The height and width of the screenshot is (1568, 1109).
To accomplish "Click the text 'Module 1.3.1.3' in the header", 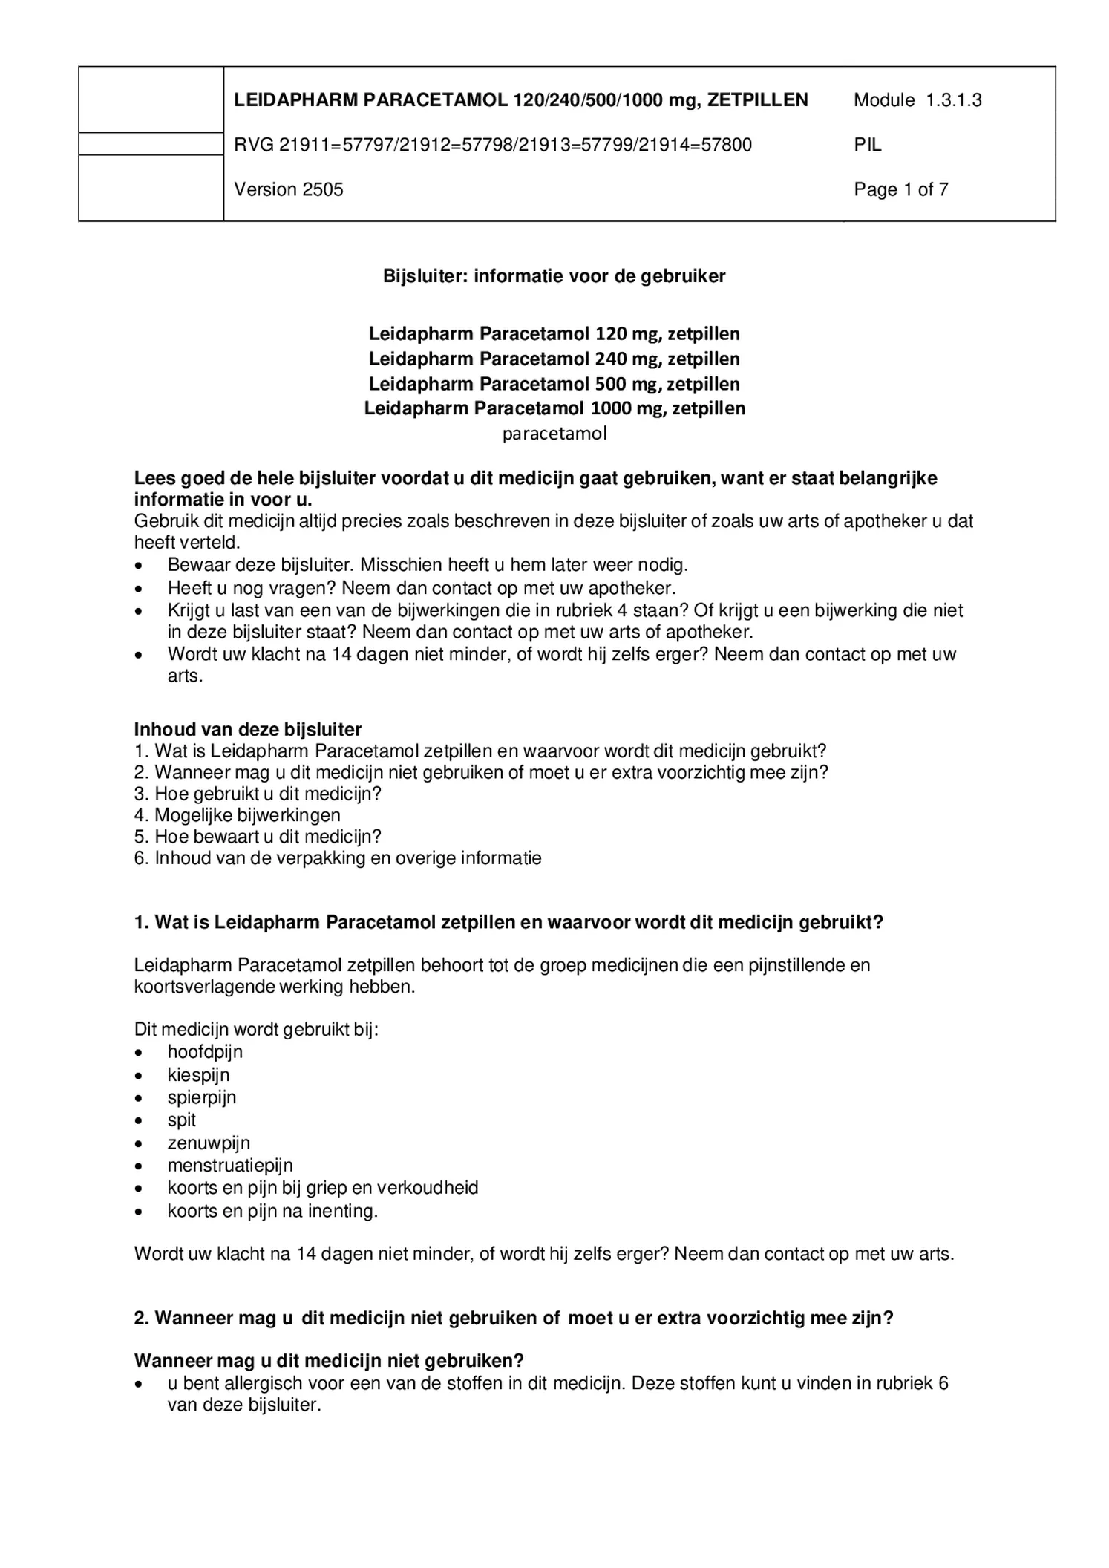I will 917,100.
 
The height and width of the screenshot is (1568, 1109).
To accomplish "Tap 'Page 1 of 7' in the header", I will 900,189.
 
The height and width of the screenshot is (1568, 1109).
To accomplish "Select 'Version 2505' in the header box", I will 289,189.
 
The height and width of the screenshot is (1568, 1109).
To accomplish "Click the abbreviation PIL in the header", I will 867,145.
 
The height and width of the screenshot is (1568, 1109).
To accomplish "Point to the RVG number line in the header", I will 492,145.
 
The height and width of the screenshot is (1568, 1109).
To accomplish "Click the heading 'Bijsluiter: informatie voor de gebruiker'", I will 554,276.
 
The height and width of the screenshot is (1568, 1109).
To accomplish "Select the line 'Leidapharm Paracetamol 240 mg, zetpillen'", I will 554,359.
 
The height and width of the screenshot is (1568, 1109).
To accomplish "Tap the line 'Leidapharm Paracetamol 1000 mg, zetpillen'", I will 554,408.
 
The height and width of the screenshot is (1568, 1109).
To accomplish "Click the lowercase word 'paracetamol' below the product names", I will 554,434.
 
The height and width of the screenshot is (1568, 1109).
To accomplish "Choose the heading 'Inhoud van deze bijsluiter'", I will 247,729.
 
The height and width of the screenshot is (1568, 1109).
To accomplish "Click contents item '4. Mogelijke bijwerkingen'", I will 237,815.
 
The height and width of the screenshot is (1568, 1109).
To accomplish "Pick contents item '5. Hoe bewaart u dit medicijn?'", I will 258,837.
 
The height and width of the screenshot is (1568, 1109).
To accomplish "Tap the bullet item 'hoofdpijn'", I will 205,1052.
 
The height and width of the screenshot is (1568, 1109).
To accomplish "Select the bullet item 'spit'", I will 182,1120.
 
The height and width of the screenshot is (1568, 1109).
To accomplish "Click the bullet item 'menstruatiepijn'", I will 230,1166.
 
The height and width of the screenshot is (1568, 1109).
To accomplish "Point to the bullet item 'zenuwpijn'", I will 209,1143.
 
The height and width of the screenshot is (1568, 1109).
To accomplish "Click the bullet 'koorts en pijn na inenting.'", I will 272,1211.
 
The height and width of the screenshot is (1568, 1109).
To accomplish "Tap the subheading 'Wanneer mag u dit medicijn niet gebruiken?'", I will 329,1361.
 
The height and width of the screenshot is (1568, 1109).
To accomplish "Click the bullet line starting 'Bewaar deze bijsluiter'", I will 427,565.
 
